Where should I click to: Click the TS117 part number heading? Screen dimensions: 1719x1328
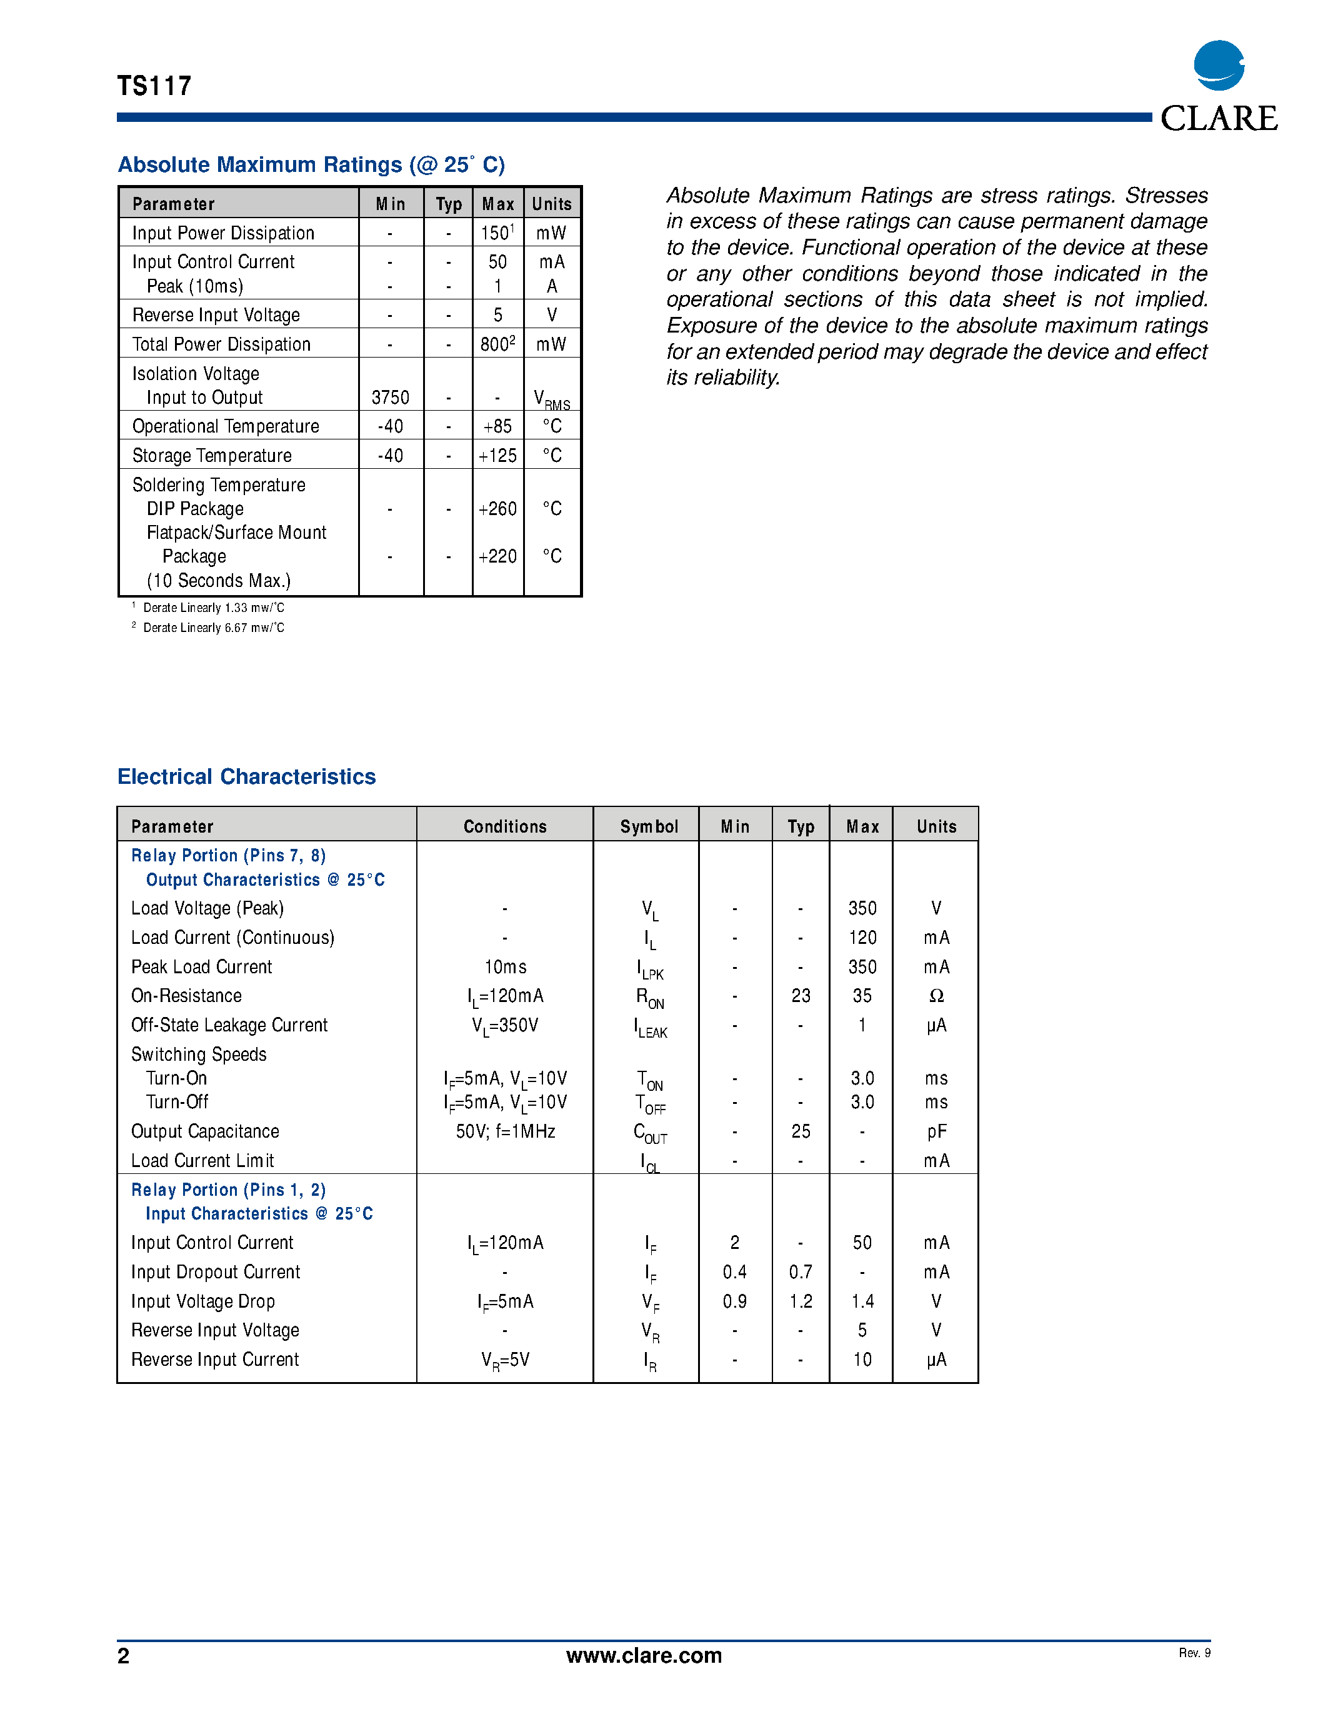click(x=154, y=86)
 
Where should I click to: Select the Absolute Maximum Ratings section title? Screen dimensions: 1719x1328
click(x=311, y=164)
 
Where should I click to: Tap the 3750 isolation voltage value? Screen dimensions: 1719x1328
click(x=390, y=398)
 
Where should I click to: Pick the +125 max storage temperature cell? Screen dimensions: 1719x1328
click(x=497, y=456)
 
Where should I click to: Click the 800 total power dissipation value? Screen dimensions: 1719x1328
click(x=497, y=344)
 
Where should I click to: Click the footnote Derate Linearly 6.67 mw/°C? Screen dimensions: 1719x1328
click(x=213, y=628)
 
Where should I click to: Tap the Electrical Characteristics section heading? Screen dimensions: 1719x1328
click(x=246, y=777)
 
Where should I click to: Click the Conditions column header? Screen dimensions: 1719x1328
click(x=504, y=826)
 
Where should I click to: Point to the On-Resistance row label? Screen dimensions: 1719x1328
click(x=186, y=996)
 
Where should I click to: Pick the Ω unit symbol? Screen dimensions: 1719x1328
click(x=936, y=996)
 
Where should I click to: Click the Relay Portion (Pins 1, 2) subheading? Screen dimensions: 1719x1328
click(x=228, y=1190)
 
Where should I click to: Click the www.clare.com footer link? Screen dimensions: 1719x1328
click(x=644, y=1655)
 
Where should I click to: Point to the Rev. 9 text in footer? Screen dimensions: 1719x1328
click(x=1194, y=1653)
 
